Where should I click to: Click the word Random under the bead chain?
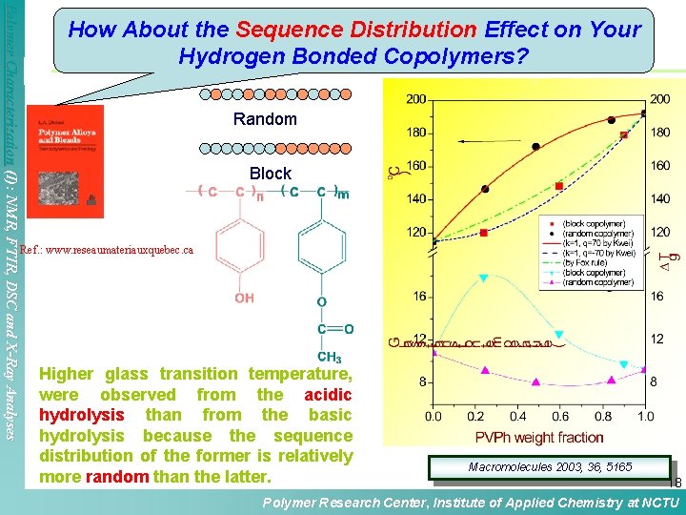[x=265, y=120]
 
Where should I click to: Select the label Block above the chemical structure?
[x=270, y=174]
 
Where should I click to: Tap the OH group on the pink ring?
[x=244, y=299]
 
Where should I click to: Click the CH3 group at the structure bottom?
[x=330, y=358]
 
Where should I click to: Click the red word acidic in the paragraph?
[x=328, y=395]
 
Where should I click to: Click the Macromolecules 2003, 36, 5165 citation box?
[x=543, y=467]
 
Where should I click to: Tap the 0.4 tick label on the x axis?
[x=517, y=417]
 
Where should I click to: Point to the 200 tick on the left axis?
[x=415, y=99]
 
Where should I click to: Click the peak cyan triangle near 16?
[x=483, y=278]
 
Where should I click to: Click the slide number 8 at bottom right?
[x=678, y=484]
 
